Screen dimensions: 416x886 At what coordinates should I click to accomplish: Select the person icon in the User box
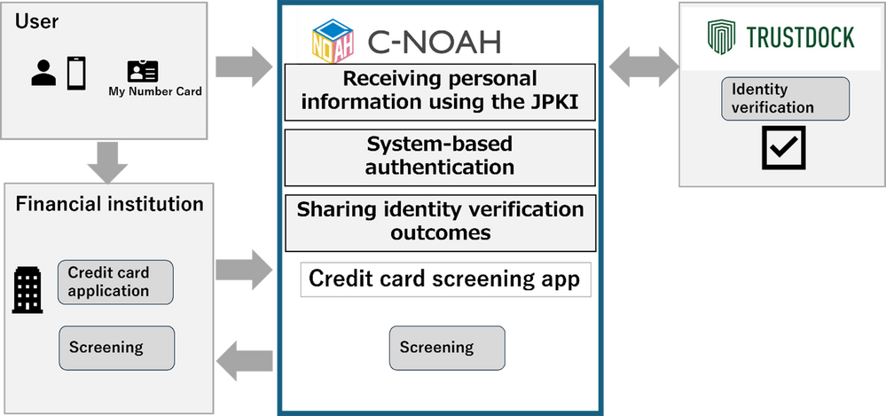pyautogui.click(x=43, y=73)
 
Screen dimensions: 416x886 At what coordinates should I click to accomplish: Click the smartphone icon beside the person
pyautogui.click(x=75, y=72)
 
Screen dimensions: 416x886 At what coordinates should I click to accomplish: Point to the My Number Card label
pyautogui.click(x=155, y=91)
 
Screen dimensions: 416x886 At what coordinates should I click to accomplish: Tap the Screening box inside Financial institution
pyautogui.click(x=116, y=348)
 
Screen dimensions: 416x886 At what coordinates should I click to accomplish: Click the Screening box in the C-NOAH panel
pyautogui.click(x=447, y=348)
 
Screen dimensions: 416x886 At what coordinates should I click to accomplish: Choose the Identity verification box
pyautogui.click(x=784, y=98)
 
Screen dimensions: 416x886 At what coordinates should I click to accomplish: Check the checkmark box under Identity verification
pyautogui.click(x=784, y=147)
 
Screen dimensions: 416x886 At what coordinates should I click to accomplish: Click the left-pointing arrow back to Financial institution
pyautogui.click(x=245, y=361)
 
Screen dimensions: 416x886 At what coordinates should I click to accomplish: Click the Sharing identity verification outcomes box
pyautogui.click(x=439, y=221)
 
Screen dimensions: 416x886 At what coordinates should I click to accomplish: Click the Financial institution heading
pyautogui.click(x=109, y=204)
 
